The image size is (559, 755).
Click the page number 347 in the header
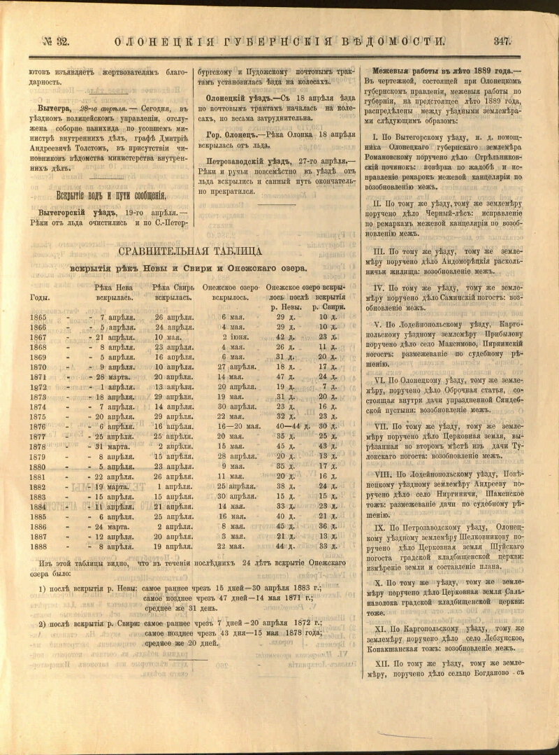[502, 41]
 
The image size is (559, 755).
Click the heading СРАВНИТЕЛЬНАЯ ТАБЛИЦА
[190, 251]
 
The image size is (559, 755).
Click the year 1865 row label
[38, 317]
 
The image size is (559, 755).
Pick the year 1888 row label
[38, 546]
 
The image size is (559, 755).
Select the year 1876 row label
[38, 426]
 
